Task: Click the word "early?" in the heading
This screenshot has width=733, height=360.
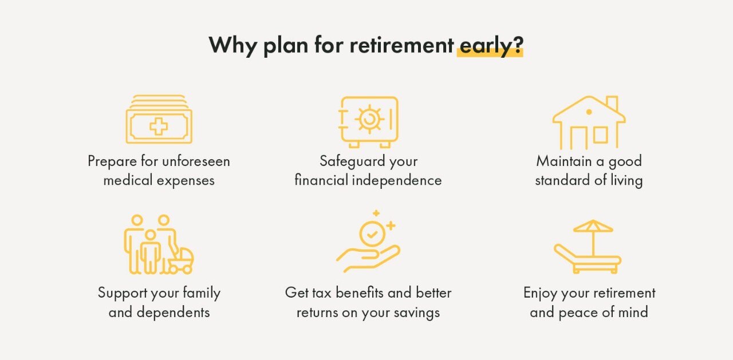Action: point(491,45)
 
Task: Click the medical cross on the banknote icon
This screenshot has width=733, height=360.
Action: point(159,126)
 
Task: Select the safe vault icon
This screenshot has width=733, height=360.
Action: point(368,121)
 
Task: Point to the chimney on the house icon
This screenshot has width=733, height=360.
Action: point(612,104)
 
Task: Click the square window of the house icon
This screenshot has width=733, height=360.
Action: point(600,135)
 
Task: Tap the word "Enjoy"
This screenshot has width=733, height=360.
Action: point(540,294)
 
